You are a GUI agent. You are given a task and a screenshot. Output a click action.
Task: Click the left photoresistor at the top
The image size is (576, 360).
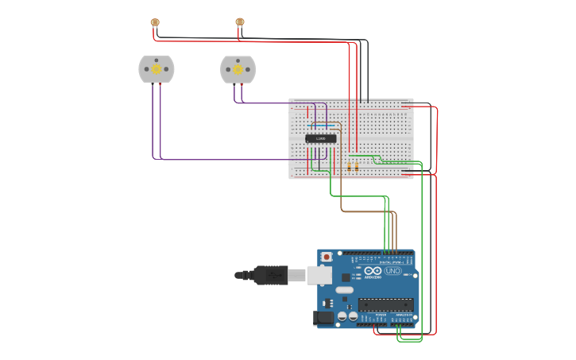[155, 22]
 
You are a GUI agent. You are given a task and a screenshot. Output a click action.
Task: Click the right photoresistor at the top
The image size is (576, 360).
[240, 22]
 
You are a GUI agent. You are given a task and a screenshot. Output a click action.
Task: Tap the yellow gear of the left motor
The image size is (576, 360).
[157, 70]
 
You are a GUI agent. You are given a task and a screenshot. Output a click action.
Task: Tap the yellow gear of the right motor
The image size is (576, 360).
[238, 70]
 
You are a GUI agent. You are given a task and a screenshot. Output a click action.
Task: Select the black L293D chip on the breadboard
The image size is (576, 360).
[321, 138]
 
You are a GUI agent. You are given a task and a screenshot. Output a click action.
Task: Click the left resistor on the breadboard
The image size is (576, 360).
[350, 166]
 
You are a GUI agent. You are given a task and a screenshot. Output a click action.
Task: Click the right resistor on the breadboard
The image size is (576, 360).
[357, 166]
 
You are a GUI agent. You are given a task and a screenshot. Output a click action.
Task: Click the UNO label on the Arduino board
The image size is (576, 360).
[393, 271]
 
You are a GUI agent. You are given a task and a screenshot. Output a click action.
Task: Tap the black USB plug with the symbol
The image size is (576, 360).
[271, 275]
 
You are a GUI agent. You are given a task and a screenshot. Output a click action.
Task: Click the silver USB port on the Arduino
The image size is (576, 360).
[319, 275]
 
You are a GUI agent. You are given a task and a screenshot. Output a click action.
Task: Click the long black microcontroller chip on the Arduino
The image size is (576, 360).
[385, 304]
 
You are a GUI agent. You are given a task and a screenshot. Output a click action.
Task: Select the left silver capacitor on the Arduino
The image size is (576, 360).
[342, 315]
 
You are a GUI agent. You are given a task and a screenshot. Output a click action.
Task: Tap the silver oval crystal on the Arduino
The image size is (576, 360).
[344, 290]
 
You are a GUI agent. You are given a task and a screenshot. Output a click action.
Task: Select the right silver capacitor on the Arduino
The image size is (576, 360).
[352, 315]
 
